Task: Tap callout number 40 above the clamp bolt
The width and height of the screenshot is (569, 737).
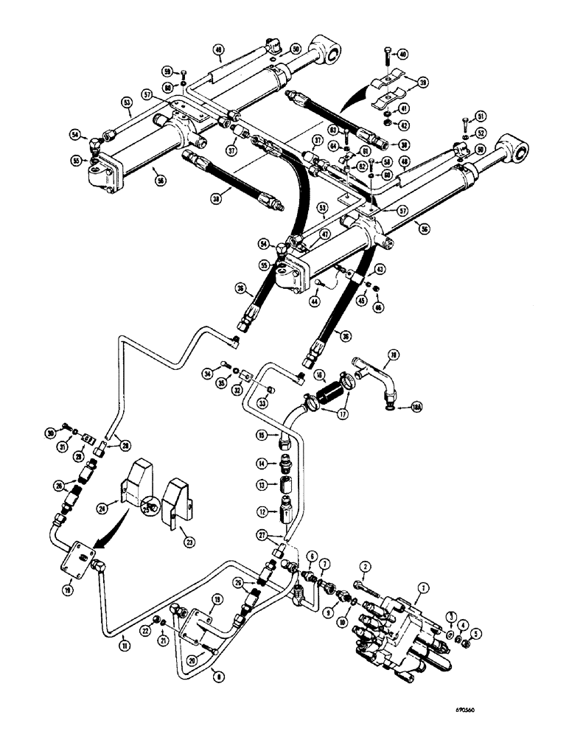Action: tap(402, 54)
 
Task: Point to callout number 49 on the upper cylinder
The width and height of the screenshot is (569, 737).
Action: tap(217, 51)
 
